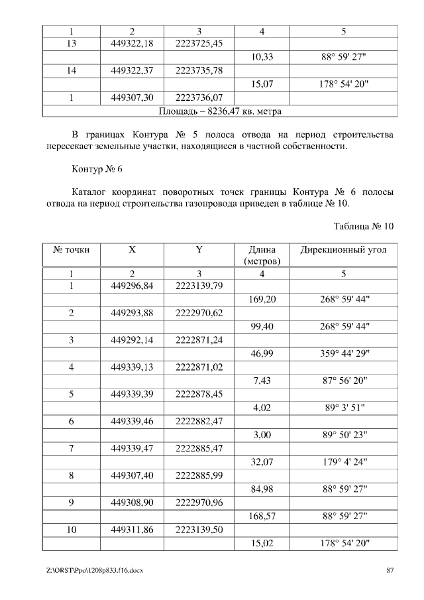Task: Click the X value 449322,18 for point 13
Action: [132, 43]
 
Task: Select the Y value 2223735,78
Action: [199, 70]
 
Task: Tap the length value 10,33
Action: [262, 57]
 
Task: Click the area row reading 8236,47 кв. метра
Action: [220, 111]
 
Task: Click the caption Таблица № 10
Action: [364, 225]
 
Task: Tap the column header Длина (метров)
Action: [262, 255]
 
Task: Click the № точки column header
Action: [71, 250]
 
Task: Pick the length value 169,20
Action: [262, 300]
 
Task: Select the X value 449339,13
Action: [132, 367]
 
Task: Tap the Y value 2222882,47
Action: [199, 421]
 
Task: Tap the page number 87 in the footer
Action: [390, 571]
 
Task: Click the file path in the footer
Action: [95, 571]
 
